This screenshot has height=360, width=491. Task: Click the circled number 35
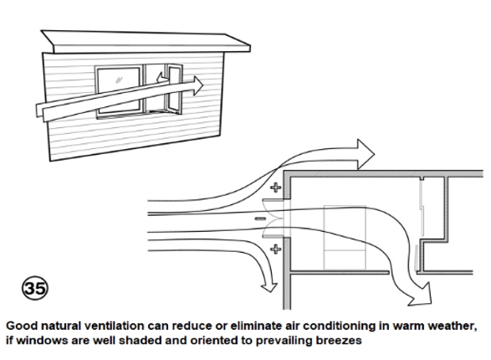click(35, 288)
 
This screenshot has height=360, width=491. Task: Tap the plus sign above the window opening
click(275, 188)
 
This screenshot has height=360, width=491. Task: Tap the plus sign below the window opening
click(275, 249)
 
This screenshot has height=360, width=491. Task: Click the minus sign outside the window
click(260, 219)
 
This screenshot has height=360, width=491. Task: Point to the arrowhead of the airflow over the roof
click(366, 154)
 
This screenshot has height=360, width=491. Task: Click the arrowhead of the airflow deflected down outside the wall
click(269, 286)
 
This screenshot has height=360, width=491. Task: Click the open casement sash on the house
click(174, 89)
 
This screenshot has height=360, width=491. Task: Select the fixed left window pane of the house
click(119, 90)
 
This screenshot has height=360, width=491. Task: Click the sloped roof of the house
click(146, 42)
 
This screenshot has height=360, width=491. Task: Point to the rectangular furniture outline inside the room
click(345, 237)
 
